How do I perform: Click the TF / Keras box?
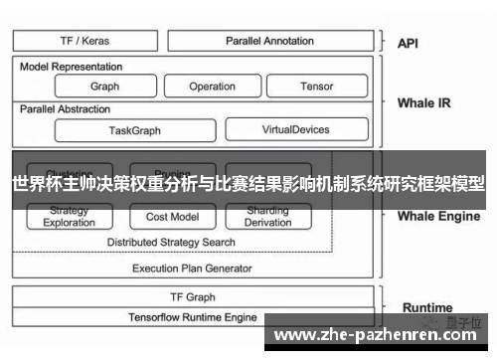point(83,41)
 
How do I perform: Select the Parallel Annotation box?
point(269,41)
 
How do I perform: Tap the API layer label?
point(408,43)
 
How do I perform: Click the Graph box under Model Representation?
point(104,87)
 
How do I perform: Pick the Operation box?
point(212,87)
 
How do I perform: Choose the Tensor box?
point(316,87)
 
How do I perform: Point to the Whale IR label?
point(423,101)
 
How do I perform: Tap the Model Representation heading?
point(72,67)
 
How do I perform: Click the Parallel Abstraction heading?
point(67,108)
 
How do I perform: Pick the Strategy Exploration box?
point(69,217)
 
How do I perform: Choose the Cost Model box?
point(172,217)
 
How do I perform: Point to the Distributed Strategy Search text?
point(171,242)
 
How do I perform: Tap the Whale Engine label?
point(438,216)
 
